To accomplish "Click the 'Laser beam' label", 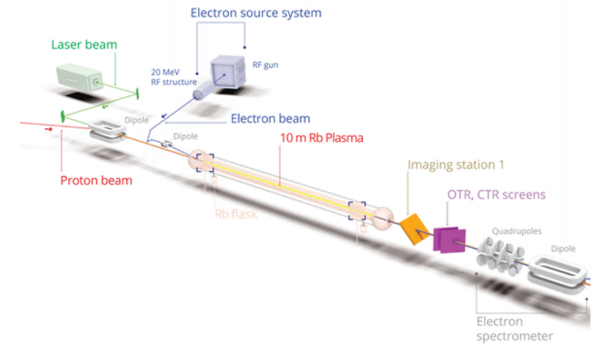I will [84, 45].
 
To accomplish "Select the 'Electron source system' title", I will [256, 12].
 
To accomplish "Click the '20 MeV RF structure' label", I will [174, 77].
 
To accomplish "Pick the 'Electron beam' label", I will [270, 119].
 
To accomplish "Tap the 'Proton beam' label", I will [96, 181].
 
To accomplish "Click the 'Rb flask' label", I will [236, 214].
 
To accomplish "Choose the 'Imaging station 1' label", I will [455, 164].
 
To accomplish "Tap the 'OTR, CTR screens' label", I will [496, 194].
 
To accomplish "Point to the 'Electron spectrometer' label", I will [514, 328].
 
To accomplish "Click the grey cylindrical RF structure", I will [201, 94].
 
